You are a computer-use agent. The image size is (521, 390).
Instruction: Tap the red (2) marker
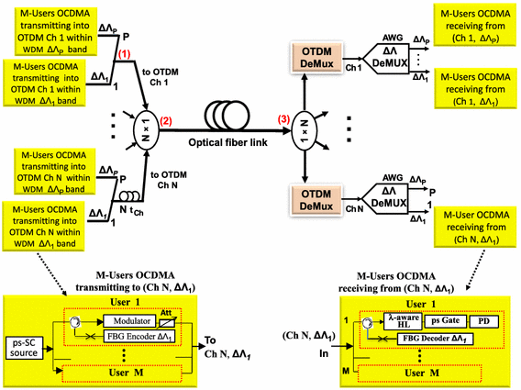(x=166, y=121)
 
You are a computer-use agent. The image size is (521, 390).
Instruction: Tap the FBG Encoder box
(x=135, y=340)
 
